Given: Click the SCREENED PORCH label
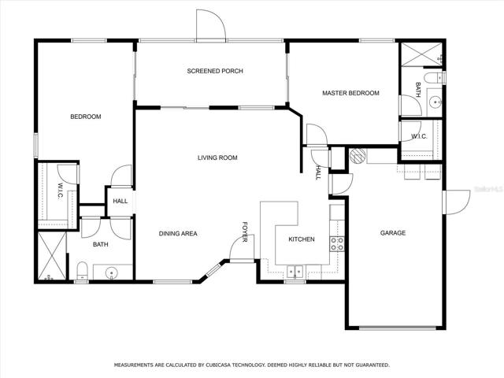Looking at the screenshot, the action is [215, 71].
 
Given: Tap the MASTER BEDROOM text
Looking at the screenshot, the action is [350, 93].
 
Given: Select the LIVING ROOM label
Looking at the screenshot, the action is [217, 157].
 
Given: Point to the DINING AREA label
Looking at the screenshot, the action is [178, 234].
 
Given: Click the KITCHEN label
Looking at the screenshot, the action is [302, 239].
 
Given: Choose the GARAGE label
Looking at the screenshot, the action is [393, 233].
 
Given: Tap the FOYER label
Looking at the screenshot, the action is [245, 232].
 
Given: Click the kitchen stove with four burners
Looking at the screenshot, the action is [337, 243].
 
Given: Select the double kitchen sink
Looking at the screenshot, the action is [295, 272].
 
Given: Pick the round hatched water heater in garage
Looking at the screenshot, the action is [358, 156].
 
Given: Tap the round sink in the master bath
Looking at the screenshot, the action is [435, 102].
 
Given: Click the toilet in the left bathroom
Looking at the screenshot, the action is [82, 271].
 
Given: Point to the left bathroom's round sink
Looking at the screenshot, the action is [112, 273].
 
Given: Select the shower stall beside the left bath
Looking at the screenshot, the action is [52, 255].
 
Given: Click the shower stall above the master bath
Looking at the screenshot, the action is [421, 54].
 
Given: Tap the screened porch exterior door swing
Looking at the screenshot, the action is [211, 26].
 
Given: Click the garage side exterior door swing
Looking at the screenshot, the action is [457, 202].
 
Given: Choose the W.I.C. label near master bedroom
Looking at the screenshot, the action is [419, 136].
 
